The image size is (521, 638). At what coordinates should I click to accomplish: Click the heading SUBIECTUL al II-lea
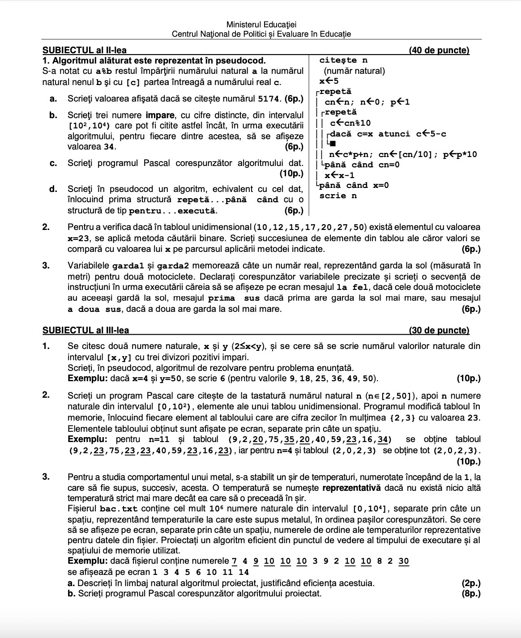pos(85,51)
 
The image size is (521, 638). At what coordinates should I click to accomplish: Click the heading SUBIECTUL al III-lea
pos(85,331)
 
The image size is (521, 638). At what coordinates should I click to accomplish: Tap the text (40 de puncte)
pos(439,51)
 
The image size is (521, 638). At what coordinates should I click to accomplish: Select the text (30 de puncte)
pos(439,331)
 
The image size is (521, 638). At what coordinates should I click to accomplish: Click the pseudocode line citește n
pos(344,60)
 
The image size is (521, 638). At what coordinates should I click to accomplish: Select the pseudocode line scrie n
pos(338,196)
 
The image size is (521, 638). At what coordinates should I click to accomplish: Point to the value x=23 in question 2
pos(78,238)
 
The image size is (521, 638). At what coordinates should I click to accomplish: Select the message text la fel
pos(353,287)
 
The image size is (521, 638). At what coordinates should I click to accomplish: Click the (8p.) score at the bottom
pos(470,594)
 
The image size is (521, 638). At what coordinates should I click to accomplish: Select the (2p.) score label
pos(470,583)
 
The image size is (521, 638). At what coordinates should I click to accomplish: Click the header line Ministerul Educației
pos(261,25)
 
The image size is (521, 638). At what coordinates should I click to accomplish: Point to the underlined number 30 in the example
pos(403,561)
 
